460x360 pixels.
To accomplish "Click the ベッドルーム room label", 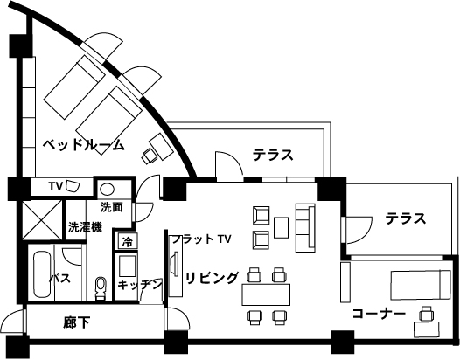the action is [x=84, y=145].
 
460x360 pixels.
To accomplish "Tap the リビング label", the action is [x=212, y=278].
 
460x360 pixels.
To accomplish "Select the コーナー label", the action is [x=379, y=314].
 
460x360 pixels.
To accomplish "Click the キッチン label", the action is [x=140, y=283].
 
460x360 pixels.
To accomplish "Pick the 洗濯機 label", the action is [x=85, y=226].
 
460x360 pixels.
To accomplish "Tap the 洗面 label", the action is [x=111, y=207].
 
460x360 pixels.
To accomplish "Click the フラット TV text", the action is [x=202, y=239].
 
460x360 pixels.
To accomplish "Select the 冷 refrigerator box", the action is [x=128, y=242].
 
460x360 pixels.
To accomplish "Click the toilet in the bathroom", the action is [x=101, y=288].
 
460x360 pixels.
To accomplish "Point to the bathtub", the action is [x=41, y=275].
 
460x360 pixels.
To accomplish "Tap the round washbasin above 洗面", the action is [x=107, y=189].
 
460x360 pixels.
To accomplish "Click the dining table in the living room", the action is [x=266, y=294].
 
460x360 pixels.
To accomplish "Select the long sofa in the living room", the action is [x=305, y=228].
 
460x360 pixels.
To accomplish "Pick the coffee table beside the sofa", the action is [x=281, y=227].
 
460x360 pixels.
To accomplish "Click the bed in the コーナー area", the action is [x=420, y=285].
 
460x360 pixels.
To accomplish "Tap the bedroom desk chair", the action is [x=149, y=156].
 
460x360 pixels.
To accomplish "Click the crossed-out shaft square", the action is [x=42, y=220].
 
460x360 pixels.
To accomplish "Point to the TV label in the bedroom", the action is [x=56, y=186].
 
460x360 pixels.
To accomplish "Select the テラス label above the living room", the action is [x=274, y=155].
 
